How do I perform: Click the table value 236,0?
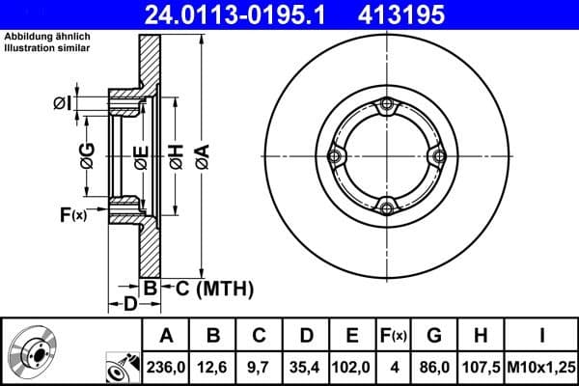coord(167,367)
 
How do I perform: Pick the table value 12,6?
coord(213,367)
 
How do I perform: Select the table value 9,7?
coord(260,367)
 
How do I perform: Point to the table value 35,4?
coord(306,367)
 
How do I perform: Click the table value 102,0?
coord(352,367)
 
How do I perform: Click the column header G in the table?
coord(434,336)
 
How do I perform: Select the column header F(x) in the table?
coord(393,336)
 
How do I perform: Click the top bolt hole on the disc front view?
coord(387,105)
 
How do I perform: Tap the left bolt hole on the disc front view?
coord(336,156)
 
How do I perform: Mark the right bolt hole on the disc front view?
coord(438,156)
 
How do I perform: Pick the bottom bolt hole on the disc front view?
coord(387,207)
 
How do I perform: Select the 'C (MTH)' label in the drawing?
coord(214,288)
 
